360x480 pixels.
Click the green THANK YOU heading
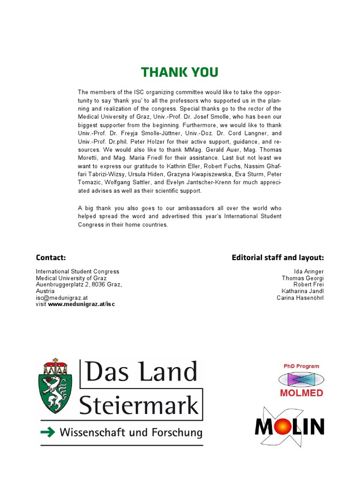point(180,72)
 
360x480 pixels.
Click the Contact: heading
point(51,257)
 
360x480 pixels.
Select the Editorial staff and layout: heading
point(277,257)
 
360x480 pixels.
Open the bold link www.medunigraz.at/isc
point(81,304)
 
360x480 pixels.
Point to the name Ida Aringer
point(308,271)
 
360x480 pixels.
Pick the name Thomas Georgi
point(302,278)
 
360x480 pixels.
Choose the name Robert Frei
point(308,285)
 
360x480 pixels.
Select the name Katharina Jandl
point(303,291)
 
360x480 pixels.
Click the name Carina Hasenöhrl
point(300,298)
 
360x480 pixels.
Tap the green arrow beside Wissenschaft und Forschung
point(47,432)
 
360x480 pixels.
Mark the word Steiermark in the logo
point(139,405)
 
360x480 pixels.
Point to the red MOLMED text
point(301,393)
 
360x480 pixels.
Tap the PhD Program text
point(301,366)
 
